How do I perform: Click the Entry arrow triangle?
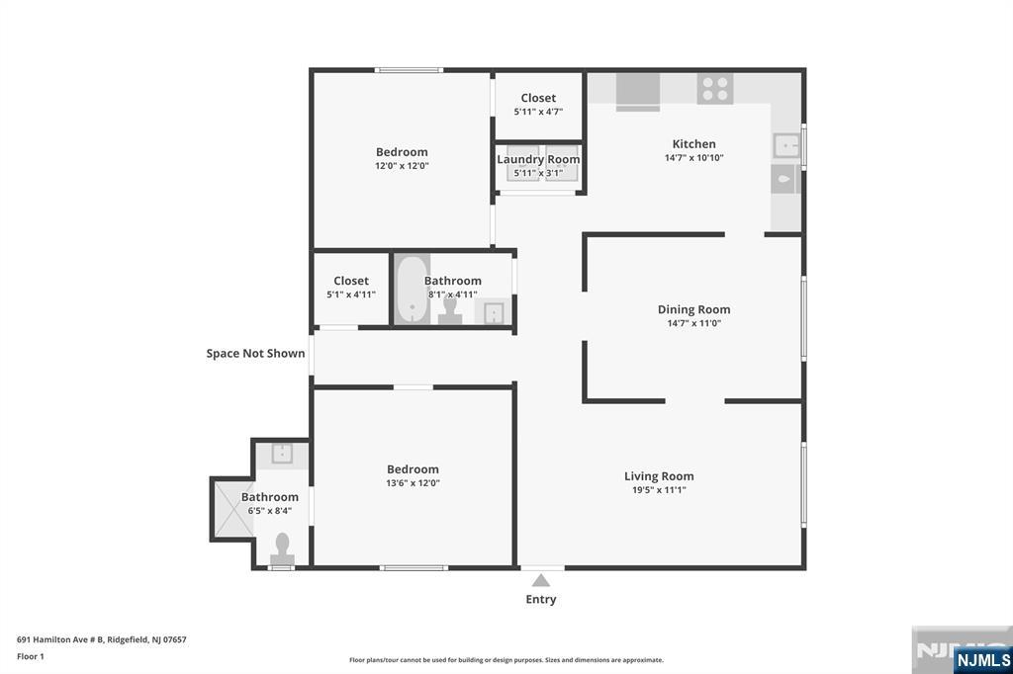540,581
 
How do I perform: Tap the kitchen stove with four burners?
715,89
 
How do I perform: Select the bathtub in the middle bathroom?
412,290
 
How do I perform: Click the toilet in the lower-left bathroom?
282,548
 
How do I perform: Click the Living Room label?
659,476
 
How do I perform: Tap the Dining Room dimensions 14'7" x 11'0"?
693,323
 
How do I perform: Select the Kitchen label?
693,144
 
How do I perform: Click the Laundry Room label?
538,159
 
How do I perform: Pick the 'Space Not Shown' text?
255,353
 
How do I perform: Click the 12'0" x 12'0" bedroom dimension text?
402,166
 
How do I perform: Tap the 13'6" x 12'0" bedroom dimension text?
413,483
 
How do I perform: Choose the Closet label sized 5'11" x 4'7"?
538,98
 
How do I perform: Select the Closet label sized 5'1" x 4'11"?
351,281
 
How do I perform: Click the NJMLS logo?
982,659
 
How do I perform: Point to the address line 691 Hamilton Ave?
102,639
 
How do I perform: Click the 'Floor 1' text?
31,656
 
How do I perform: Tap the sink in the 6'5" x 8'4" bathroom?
282,454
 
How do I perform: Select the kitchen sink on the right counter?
786,145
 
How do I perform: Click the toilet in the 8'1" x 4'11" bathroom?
449,311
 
